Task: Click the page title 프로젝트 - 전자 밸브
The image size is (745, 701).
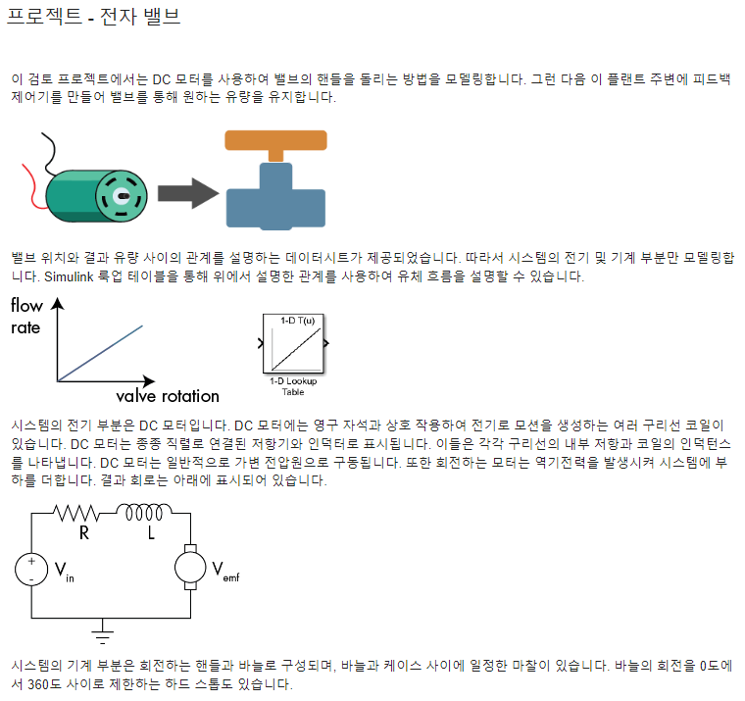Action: tap(94, 17)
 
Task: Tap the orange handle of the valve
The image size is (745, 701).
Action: tap(274, 140)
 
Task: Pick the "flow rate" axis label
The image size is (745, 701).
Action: tap(26, 317)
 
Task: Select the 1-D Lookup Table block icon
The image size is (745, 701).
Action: tap(293, 344)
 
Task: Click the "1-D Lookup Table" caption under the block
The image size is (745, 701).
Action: tap(293, 385)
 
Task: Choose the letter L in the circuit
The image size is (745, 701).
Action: tap(151, 535)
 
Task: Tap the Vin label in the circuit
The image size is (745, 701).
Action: tap(63, 571)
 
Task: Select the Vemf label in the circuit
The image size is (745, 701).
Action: tap(224, 571)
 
